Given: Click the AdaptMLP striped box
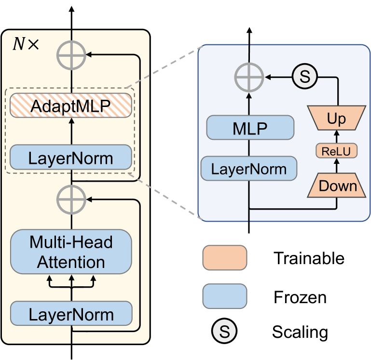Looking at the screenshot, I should (x=71, y=106).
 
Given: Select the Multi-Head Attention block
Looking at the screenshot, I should (x=71, y=252).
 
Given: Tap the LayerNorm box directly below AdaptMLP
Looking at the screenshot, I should (x=71, y=157).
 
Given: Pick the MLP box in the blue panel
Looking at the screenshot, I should (x=250, y=128).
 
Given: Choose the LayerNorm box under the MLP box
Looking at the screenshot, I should (x=249, y=169).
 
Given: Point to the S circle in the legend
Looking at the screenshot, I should (x=224, y=331).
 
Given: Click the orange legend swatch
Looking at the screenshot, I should (x=225, y=258).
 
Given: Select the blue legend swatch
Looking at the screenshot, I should (x=225, y=295).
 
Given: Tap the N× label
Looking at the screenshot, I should (x=25, y=44).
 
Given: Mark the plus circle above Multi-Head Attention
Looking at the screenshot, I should (x=71, y=198).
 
